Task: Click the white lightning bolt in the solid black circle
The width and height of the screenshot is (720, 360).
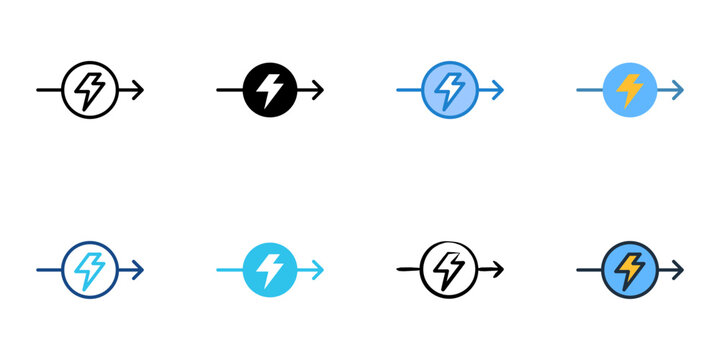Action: point(270,90)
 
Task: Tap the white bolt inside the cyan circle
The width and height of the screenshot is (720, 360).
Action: point(270,269)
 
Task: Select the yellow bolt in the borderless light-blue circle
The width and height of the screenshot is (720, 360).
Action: point(630,90)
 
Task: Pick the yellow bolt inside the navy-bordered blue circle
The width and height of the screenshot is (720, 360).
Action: point(630,269)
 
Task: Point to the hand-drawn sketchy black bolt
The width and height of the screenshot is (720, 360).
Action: point(450,269)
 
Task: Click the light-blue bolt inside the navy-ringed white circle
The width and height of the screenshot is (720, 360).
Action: point(90,269)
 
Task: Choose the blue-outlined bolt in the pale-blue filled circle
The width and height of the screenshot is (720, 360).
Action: point(450,90)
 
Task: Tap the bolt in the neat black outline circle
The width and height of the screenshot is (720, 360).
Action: point(90,90)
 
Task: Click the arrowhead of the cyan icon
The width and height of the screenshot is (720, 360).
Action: point(319,269)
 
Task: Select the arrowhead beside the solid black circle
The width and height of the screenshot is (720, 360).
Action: point(319,90)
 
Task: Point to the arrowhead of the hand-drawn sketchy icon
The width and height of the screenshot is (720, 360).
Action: point(499,269)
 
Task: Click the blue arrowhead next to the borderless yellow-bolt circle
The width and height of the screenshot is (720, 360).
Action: point(679,90)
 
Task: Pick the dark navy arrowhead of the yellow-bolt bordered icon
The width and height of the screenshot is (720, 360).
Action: point(679,269)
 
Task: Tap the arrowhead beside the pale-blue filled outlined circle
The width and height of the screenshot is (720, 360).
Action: point(499,90)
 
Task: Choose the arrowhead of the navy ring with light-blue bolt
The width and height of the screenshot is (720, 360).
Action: point(139,269)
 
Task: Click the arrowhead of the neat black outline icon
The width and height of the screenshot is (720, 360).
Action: point(139,90)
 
